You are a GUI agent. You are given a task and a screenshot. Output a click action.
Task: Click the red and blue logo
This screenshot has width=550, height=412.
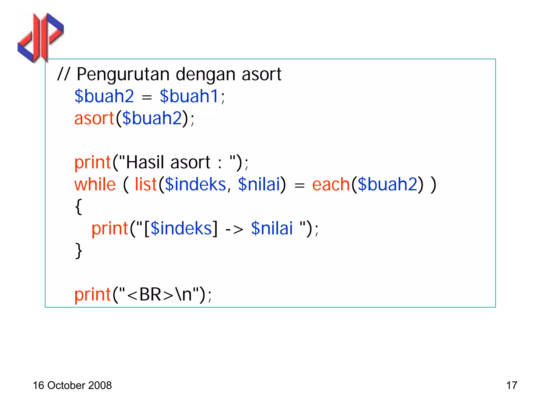pyautogui.click(x=41, y=38)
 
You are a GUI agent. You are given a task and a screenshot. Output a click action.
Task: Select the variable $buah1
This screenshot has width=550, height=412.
pyautogui.click(x=189, y=96)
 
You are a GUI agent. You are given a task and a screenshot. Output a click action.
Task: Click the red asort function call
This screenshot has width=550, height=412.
pyautogui.click(x=94, y=118)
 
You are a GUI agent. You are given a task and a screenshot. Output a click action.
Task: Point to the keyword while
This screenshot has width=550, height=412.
pyautogui.click(x=95, y=185)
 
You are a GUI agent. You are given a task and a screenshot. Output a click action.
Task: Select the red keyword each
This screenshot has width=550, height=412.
pyautogui.click(x=331, y=185)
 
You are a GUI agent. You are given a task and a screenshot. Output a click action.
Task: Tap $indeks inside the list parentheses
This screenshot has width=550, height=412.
pyautogui.click(x=195, y=185)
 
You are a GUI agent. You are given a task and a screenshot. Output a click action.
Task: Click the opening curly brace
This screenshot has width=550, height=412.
pyautogui.click(x=78, y=207)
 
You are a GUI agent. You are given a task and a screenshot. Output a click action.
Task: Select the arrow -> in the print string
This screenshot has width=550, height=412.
pyautogui.click(x=234, y=229)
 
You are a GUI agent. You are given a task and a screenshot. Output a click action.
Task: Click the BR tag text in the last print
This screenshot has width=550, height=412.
pyautogui.click(x=150, y=295)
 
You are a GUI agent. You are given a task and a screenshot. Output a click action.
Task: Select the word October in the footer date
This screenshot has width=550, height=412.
pyautogui.click(x=66, y=386)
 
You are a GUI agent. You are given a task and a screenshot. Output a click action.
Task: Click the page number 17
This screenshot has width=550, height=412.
pyautogui.click(x=512, y=386)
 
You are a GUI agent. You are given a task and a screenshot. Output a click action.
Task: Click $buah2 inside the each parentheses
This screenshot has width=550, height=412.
pyautogui.click(x=388, y=185)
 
